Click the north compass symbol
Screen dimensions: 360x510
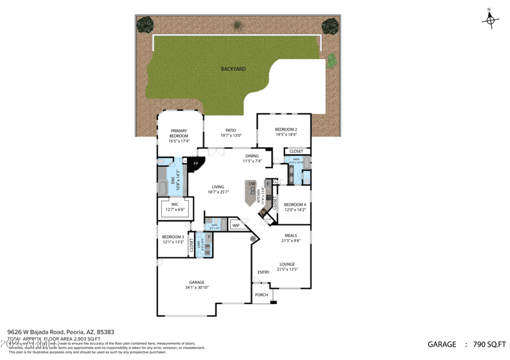(x=490, y=20)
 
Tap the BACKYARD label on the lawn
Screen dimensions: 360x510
(x=233, y=69)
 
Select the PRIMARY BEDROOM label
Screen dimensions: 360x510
(x=178, y=133)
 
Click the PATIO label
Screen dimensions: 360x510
(x=231, y=131)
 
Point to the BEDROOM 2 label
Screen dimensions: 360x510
(x=286, y=129)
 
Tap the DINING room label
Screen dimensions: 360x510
(x=252, y=156)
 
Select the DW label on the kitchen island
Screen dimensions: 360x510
(x=252, y=184)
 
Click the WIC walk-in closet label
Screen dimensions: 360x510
(x=175, y=205)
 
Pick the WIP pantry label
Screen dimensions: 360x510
(x=236, y=225)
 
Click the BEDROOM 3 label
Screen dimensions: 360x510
(x=173, y=237)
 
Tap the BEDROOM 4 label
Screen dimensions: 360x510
(x=295, y=205)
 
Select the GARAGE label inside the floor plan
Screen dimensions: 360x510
(x=196, y=282)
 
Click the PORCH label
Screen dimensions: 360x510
(x=261, y=295)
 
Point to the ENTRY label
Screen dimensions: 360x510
(x=263, y=272)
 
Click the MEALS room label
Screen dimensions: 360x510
(x=290, y=236)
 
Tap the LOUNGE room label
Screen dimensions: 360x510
(x=287, y=264)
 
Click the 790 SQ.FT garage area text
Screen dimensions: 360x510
(x=489, y=345)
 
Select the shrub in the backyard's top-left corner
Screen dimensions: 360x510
(x=145, y=25)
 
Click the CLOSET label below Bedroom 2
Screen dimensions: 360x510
(x=296, y=152)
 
